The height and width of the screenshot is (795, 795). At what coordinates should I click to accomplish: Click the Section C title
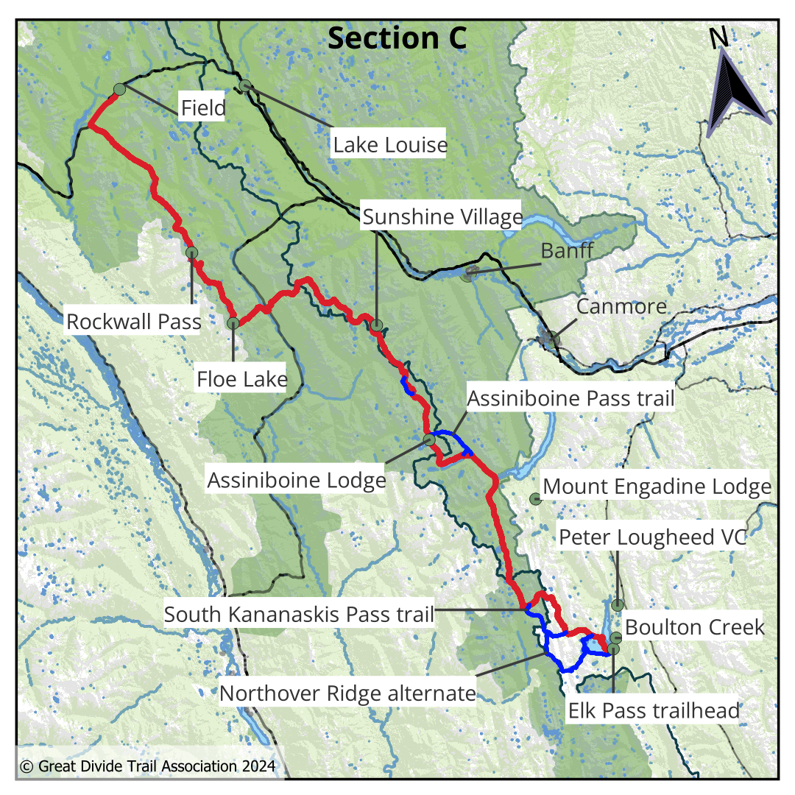(x=397, y=38)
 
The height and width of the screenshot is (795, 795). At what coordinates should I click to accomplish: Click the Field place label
(x=203, y=109)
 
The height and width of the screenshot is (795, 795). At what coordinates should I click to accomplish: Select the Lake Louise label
(x=390, y=144)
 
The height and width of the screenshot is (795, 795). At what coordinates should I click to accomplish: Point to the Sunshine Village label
(x=442, y=217)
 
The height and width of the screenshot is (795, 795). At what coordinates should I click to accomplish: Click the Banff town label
(x=567, y=250)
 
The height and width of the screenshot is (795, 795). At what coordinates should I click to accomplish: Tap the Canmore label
(x=621, y=305)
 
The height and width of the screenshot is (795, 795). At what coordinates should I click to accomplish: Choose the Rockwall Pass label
(x=134, y=322)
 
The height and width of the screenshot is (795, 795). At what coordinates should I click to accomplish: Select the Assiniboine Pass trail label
(x=571, y=399)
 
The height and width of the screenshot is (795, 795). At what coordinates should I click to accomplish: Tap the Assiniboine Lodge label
(x=297, y=481)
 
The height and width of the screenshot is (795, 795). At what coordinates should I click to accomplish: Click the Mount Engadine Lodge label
(x=657, y=487)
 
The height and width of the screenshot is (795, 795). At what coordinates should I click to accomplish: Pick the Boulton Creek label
(x=695, y=627)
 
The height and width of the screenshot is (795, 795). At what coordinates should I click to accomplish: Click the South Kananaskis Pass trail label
(x=299, y=614)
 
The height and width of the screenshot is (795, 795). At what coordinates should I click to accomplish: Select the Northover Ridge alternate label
(x=347, y=693)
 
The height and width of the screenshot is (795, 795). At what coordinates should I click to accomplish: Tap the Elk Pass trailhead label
(x=654, y=711)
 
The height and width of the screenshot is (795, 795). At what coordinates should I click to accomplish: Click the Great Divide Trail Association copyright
(x=148, y=766)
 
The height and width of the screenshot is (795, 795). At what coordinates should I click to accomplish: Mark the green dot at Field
(x=119, y=89)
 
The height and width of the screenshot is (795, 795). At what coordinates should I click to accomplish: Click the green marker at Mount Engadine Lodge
(x=535, y=500)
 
